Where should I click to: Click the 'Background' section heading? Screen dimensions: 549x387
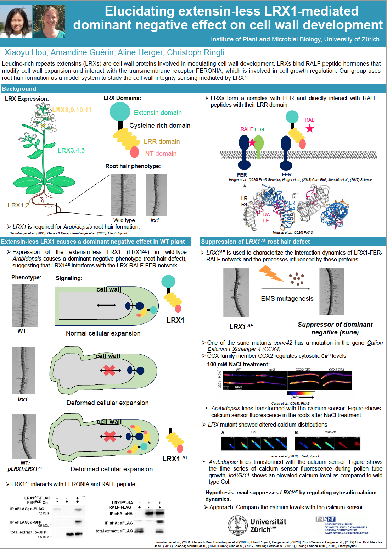coord(19,89)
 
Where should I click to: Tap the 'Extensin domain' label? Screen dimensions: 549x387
coord(158,113)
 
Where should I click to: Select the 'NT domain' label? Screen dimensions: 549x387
coord(161,154)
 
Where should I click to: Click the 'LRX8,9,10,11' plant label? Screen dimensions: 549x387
coord(72,110)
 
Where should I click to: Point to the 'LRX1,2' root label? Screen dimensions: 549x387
coord(18,205)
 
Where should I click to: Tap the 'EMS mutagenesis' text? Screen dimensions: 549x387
coord(287,299)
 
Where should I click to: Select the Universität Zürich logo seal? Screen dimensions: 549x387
coord(238,525)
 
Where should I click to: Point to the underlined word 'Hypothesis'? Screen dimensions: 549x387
coord(219,493)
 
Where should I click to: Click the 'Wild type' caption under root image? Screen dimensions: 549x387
coord(124,220)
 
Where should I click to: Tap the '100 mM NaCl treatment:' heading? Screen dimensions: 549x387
coord(238,364)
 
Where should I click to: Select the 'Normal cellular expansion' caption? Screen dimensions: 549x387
coord(103,333)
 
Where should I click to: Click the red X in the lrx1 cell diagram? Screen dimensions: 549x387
coord(110,370)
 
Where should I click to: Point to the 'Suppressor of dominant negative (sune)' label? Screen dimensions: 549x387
coord(335,328)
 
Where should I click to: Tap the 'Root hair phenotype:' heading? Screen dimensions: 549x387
coord(133,166)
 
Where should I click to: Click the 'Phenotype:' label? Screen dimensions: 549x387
coord(26,277)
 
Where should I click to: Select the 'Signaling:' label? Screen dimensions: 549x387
coord(69,278)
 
